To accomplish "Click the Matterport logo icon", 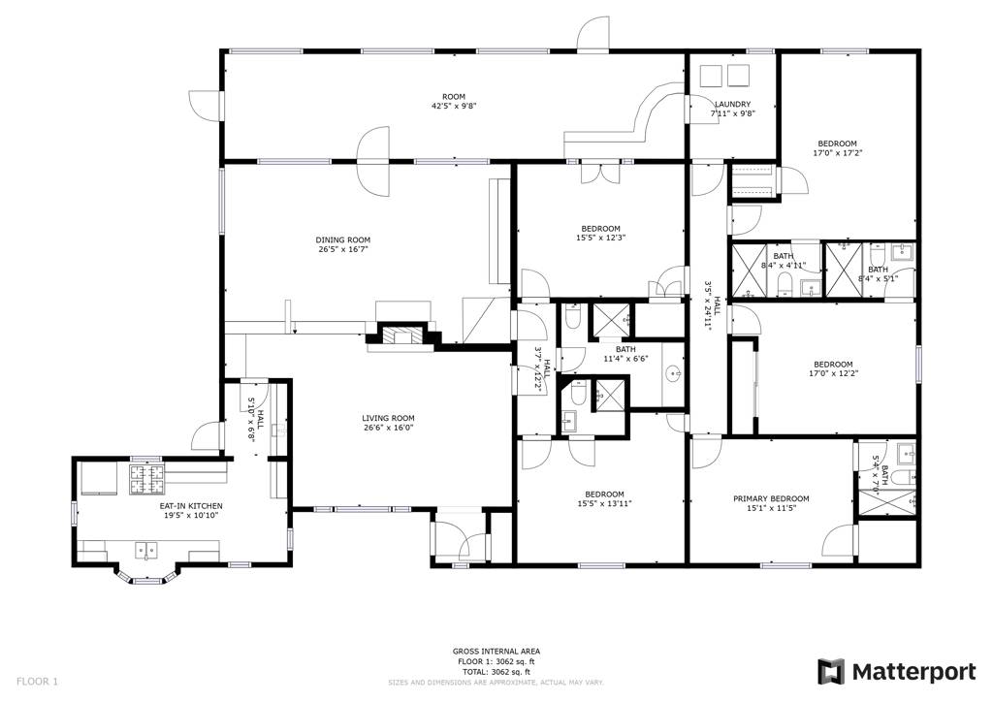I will pos(831,671).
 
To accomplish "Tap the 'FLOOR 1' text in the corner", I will pos(37,682).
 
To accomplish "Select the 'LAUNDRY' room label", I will pos(732,104).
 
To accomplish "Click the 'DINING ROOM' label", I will pos(342,239).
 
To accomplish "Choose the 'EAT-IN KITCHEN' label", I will pos(191,506).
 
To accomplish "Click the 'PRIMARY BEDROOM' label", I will pos(770,498).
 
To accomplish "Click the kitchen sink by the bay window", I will pos(146,551).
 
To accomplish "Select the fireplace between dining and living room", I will pos(401,336).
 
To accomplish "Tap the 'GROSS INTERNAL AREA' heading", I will pos(496,651).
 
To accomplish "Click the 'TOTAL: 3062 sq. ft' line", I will pos(496,671).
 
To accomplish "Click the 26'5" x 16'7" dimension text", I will pos(342,249).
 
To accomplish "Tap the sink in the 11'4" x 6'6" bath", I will pos(673,372).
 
